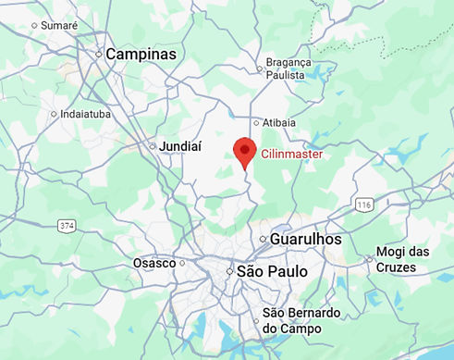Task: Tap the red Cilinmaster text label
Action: (292, 155)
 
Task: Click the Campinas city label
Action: (141, 55)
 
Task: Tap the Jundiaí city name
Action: (180, 146)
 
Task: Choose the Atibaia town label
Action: (279, 122)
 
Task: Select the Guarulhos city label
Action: (306, 239)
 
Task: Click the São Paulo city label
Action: (272, 272)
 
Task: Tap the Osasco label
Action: (154, 263)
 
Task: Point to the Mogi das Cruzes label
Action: (402, 259)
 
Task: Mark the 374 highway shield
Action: (67, 225)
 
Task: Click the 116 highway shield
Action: (364, 204)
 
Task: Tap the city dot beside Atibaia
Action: (257, 121)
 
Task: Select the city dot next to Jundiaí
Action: (153, 146)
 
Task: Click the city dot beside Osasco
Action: (181, 263)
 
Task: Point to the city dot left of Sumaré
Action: (34, 25)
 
